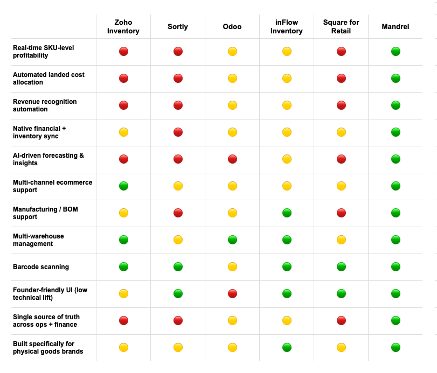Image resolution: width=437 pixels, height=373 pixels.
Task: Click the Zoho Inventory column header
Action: pyautogui.click(x=123, y=27)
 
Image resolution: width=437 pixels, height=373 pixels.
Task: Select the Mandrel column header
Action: pyautogui.click(x=395, y=27)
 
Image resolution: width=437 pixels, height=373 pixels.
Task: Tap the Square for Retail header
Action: pyautogui.click(x=341, y=27)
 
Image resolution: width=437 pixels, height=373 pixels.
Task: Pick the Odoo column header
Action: pyautogui.click(x=232, y=27)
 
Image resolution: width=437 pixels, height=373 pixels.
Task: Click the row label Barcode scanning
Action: pyautogui.click(x=41, y=267)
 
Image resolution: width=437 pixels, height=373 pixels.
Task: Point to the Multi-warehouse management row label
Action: pyautogui.click(x=38, y=240)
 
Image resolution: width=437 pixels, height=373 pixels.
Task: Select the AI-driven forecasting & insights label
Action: pyautogui.click(x=48, y=159)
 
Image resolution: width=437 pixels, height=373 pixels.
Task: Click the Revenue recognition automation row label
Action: pyautogui.click(x=45, y=105)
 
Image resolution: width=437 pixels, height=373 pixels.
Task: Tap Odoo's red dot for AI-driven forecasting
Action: pyautogui.click(x=232, y=159)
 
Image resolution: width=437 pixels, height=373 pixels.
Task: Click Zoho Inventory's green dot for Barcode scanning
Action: pyautogui.click(x=123, y=267)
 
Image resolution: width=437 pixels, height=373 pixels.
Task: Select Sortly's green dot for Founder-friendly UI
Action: pyautogui.click(x=178, y=294)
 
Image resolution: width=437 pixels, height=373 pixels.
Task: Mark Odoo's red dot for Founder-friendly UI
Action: pyautogui.click(x=232, y=294)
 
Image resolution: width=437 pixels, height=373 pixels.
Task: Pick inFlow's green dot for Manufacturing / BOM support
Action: pyautogui.click(x=287, y=213)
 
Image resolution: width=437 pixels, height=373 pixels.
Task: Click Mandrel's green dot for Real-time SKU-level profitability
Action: pyautogui.click(x=396, y=52)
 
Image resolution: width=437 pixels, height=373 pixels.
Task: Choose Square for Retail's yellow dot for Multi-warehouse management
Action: pyautogui.click(x=341, y=240)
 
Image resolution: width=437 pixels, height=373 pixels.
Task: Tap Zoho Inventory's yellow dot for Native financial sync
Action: pyautogui.click(x=123, y=132)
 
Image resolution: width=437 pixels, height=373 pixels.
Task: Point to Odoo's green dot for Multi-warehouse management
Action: pyautogui.click(x=232, y=240)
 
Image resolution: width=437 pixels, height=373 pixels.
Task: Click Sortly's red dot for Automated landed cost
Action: pyautogui.click(x=178, y=79)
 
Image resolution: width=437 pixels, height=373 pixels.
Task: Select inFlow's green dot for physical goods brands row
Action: pyautogui.click(x=287, y=348)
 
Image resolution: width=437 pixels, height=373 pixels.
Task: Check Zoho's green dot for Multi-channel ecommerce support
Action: pyautogui.click(x=123, y=186)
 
